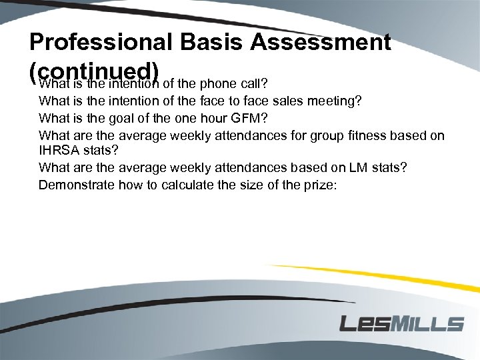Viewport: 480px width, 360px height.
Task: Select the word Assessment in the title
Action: point(319,43)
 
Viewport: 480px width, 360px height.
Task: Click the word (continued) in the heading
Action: point(94,71)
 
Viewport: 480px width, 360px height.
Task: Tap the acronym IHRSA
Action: point(58,151)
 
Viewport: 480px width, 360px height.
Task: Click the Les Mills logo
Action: point(401,324)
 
